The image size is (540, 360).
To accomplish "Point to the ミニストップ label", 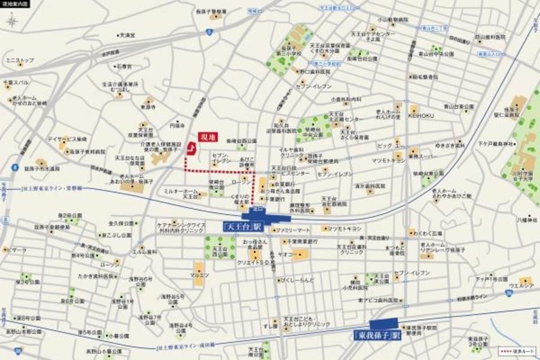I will pyautogui.click(x=20, y=61).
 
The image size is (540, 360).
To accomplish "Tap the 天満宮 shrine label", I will pyautogui.click(x=127, y=35).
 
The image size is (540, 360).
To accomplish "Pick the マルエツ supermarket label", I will pyautogui.click(x=199, y=275).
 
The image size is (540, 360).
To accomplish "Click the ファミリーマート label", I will pyautogui.click(x=293, y=230).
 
